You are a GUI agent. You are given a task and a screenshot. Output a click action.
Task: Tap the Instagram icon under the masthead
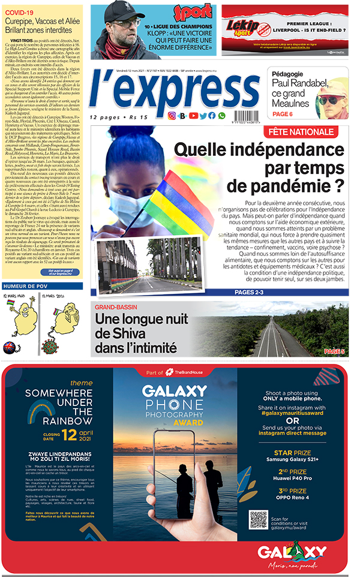172,116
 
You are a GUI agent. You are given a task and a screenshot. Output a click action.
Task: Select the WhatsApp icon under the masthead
222,116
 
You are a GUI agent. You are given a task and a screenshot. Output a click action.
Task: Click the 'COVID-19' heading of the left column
20,11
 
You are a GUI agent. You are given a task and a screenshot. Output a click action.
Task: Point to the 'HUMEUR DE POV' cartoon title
26,286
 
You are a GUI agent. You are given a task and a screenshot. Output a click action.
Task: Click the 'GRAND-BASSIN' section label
116,308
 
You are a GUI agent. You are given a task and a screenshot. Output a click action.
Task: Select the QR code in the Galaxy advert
259,519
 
